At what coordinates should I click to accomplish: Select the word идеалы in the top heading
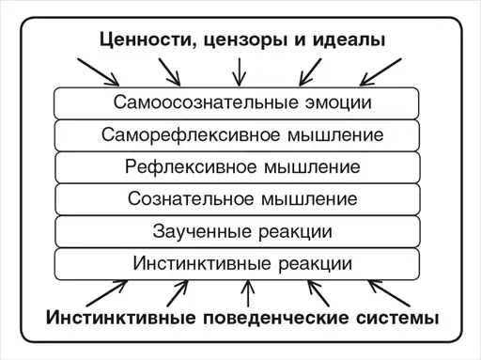point(349,40)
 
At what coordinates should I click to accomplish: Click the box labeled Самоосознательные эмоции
point(237,103)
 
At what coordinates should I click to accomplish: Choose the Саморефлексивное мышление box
point(237,135)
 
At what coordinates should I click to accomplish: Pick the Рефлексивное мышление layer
point(238,167)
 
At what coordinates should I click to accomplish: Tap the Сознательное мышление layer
point(238,199)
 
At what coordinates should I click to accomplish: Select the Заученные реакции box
point(238,231)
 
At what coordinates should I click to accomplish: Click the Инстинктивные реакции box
point(237,264)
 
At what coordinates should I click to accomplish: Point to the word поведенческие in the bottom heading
point(276,318)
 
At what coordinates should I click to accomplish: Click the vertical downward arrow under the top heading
point(240,72)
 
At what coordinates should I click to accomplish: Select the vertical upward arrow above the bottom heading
point(248,293)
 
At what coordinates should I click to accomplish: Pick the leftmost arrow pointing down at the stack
point(99,72)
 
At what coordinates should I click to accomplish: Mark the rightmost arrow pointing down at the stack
point(380,72)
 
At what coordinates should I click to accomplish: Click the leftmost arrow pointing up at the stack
point(107,293)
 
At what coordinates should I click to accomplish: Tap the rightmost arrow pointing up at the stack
point(389,293)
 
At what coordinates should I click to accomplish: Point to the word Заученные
point(202,231)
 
